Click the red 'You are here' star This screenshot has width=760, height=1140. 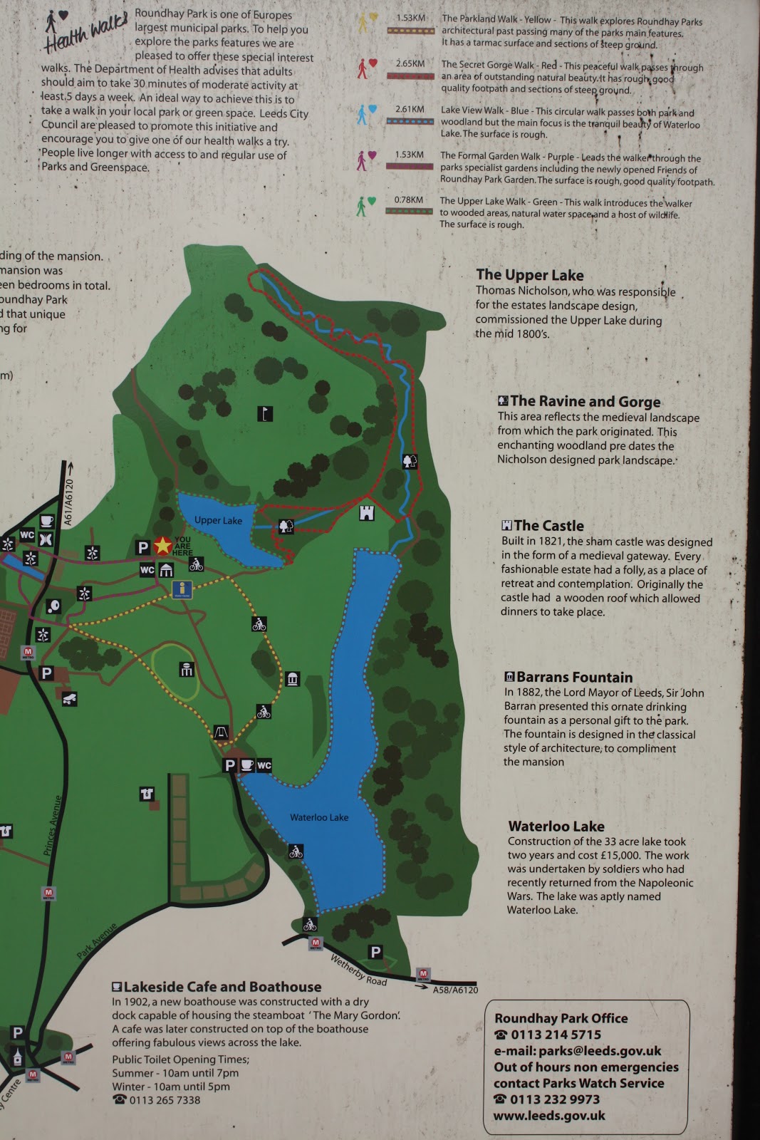(163, 546)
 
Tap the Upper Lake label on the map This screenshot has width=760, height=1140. (218, 521)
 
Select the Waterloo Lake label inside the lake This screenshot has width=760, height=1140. (319, 817)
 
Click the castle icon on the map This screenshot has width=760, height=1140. (366, 512)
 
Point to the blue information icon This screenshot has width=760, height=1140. (184, 589)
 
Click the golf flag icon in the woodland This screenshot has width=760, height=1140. (265, 413)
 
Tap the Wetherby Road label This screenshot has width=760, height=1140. (358, 970)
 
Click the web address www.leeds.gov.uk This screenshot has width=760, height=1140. (549, 1116)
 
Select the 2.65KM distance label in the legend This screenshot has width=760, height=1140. (410, 64)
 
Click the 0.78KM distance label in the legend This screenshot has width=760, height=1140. (408, 200)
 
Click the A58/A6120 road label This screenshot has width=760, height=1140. (455, 990)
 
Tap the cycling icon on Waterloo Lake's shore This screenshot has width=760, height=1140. (296, 851)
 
